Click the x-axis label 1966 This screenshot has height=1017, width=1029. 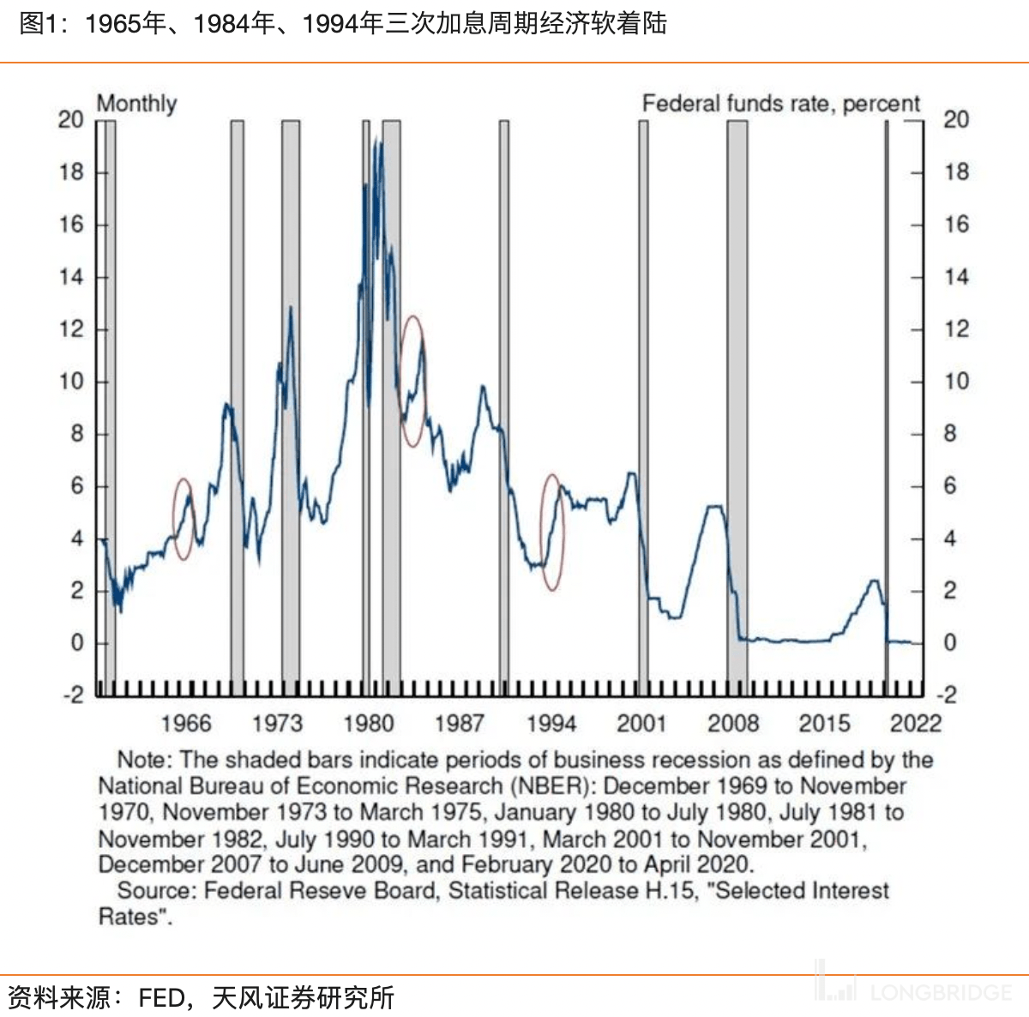click(185, 724)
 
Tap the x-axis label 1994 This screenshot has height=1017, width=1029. click(551, 724)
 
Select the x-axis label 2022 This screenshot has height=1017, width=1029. click(915, 724)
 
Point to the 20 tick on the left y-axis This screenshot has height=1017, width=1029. click(71, 120)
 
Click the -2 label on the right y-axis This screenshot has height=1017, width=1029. click(949, 695)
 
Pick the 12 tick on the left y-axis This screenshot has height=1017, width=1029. click(71, 329)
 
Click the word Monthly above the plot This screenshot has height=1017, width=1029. click(136, 104)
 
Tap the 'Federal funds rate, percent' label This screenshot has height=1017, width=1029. click(780, 104)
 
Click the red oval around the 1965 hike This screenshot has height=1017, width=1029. click(184, 519)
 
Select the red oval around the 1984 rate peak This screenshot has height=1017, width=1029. click(413, 381)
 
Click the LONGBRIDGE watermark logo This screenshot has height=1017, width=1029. click(914, 991)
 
